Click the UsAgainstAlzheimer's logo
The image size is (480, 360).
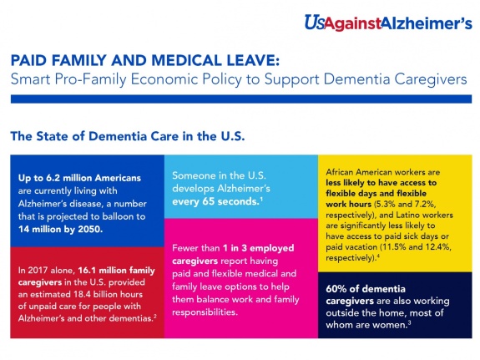pos(388,23)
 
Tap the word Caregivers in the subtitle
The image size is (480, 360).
pos(431,79)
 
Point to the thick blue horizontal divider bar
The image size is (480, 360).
pos(241,99)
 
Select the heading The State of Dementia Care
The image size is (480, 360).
pos(128,136)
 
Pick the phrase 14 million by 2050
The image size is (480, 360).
pos(60,229)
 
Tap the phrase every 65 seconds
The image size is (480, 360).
pos(215,201)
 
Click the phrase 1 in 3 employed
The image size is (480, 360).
pos(259,248)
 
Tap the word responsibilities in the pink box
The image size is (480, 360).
pos(205,312)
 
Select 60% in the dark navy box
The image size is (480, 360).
pos(336,289)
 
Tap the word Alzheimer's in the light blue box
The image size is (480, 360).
pos(244,188)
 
